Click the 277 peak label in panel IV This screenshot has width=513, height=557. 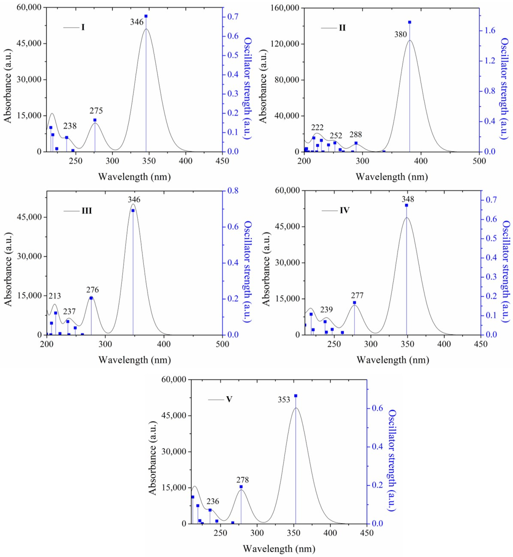pos(357,295)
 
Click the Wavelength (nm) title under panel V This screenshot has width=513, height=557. pos(279,549)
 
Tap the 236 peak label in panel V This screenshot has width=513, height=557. pos(213,501)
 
